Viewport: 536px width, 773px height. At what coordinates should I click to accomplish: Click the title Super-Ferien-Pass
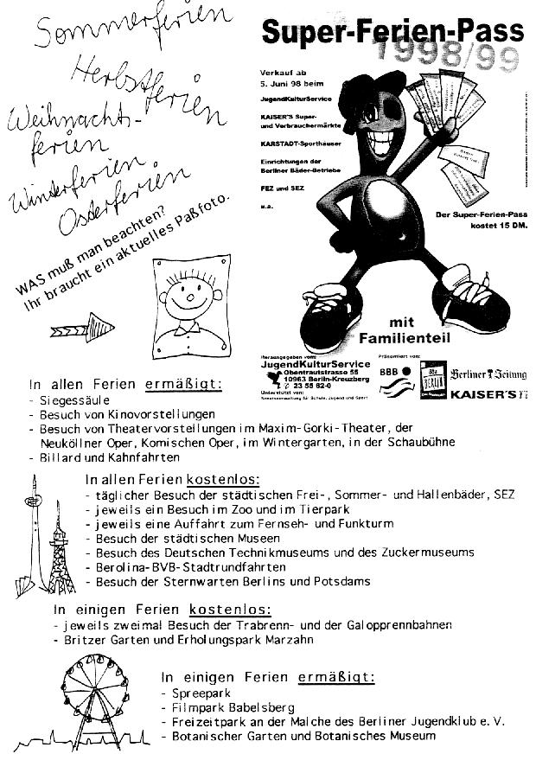point(393,32)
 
